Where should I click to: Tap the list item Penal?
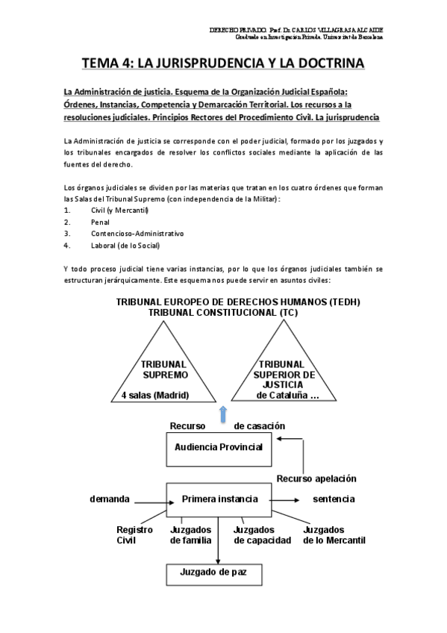coord(99,222)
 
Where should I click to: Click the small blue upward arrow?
coord(221,414)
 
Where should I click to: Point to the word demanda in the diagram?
coord(110,499)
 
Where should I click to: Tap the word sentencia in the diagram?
coord(334,499)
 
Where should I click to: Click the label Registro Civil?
coord(134,534)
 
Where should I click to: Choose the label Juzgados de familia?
coord(191,534)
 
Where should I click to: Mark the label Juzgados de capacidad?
coord(262,534)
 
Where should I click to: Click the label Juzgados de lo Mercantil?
coord(334,534)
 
